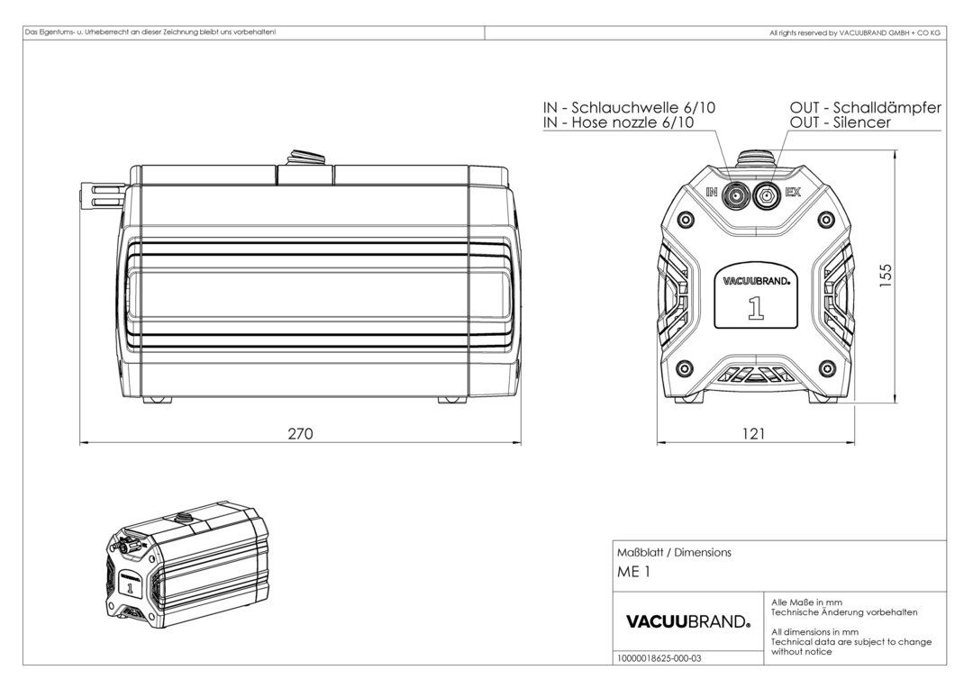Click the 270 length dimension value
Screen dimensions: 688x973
(300, 434)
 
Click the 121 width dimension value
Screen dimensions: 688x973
(753, 434)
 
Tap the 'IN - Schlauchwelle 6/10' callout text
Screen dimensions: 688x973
(630, 107)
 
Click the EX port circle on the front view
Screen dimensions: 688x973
(768, 194)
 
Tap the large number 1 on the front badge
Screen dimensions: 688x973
(756, 307)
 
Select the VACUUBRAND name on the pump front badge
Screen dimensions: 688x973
(756, 280)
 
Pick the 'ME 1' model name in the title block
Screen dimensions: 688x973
(632, 571)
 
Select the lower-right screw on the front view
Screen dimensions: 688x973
(827, 367)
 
